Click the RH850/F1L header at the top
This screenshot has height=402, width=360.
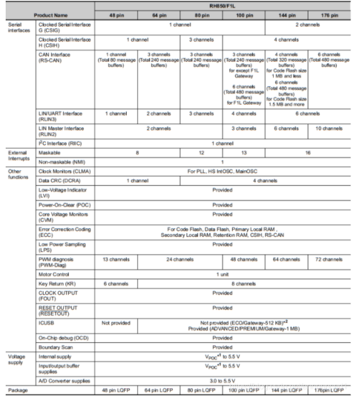[x=224, y=5]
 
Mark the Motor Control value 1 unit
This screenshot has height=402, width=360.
[x=224, y=274]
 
